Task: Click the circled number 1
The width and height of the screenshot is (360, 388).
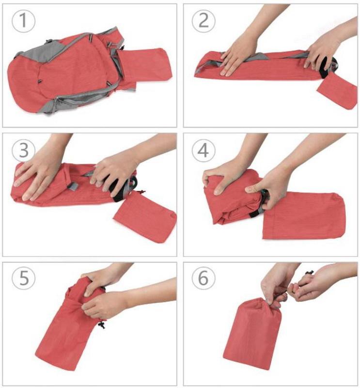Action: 23,20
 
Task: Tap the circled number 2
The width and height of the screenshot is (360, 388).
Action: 203,20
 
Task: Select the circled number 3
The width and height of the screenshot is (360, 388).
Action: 23,150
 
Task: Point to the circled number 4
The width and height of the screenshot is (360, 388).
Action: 203,150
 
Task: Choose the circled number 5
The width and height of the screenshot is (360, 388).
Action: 23,277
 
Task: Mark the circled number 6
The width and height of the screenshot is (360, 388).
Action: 203,277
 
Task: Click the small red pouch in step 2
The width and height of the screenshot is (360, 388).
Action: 338,91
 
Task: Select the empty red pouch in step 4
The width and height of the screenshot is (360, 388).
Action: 303,215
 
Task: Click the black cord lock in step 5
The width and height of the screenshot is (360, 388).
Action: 102,324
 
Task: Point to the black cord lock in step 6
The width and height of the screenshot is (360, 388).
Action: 309,273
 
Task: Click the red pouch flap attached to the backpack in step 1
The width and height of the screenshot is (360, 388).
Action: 145,65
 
